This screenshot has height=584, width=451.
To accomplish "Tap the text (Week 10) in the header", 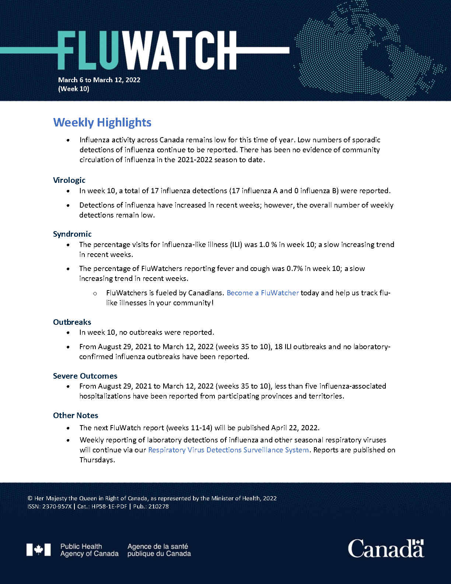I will pyautogui.click(x=74, y=89).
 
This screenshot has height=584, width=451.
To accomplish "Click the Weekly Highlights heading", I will pyautogui.click(x=102, y=122).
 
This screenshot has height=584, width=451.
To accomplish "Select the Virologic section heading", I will pyautogui.click(x=69, y=180).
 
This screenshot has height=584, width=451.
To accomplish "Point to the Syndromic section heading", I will pyautogui.click(x=72, y=234).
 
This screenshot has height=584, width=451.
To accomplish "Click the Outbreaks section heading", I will pyautogui.click(x=72, y=322).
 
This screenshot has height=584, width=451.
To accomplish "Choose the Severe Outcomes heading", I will pyautogui.click(x=85, y=376).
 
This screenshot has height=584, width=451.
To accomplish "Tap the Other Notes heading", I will pyautogui.click(x=76, y=415).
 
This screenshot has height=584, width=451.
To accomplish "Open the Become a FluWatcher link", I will pyautogui.click(x=262, y=293).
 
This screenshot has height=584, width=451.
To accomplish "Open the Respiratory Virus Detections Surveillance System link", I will pyautogui.click(x=228, y=450).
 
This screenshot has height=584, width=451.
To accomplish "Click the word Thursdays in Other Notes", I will pyautogui.click(x=97, y=460).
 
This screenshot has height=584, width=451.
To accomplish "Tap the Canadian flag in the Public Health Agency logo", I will pyautogui.click(x=38, y=550).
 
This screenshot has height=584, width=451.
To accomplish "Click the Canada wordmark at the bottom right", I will pyautogui.click(x=385, y=549).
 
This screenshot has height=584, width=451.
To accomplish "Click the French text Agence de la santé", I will pyautogui.click(x=158, y=546).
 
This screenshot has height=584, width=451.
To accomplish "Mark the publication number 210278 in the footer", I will pyautogui.click(x=158, y=507).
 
